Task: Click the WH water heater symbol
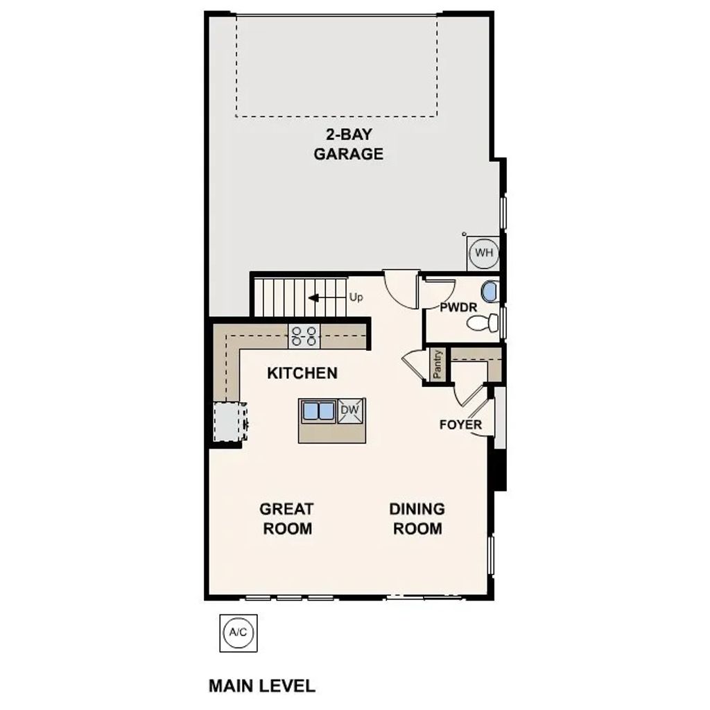coord(483,252)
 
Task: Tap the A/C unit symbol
coord(239,632)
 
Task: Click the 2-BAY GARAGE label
coord(348,144)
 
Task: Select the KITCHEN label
coord(302,373)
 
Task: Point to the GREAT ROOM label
coord(286,519)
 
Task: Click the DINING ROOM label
coord(417,519)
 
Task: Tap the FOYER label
coord(460,424)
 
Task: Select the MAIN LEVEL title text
coord(261,686)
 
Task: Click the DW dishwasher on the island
coord(351,410)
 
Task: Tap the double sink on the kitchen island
coord(319,410)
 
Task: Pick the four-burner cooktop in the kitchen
coord(304,336)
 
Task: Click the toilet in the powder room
coord(483,322)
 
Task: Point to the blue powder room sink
coord(490,292)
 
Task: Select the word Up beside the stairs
coord(356,297)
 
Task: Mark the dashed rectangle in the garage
coord(336,67)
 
